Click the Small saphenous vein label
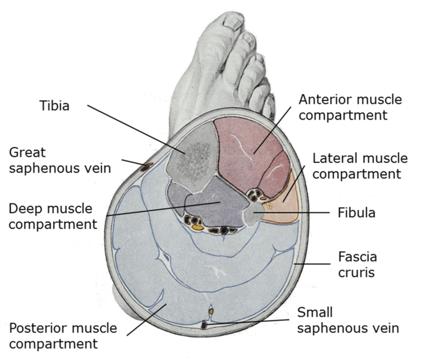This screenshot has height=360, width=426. pos(348,320)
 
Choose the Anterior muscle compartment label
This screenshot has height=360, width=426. pos(350,107)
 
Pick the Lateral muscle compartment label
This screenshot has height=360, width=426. pos(360,166)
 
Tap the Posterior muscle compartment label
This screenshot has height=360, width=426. pos(63,336)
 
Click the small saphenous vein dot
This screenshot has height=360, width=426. pos(204,325)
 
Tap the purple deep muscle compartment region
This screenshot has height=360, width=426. pos(210,205)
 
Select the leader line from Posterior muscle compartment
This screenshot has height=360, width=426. pos(145,320)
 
